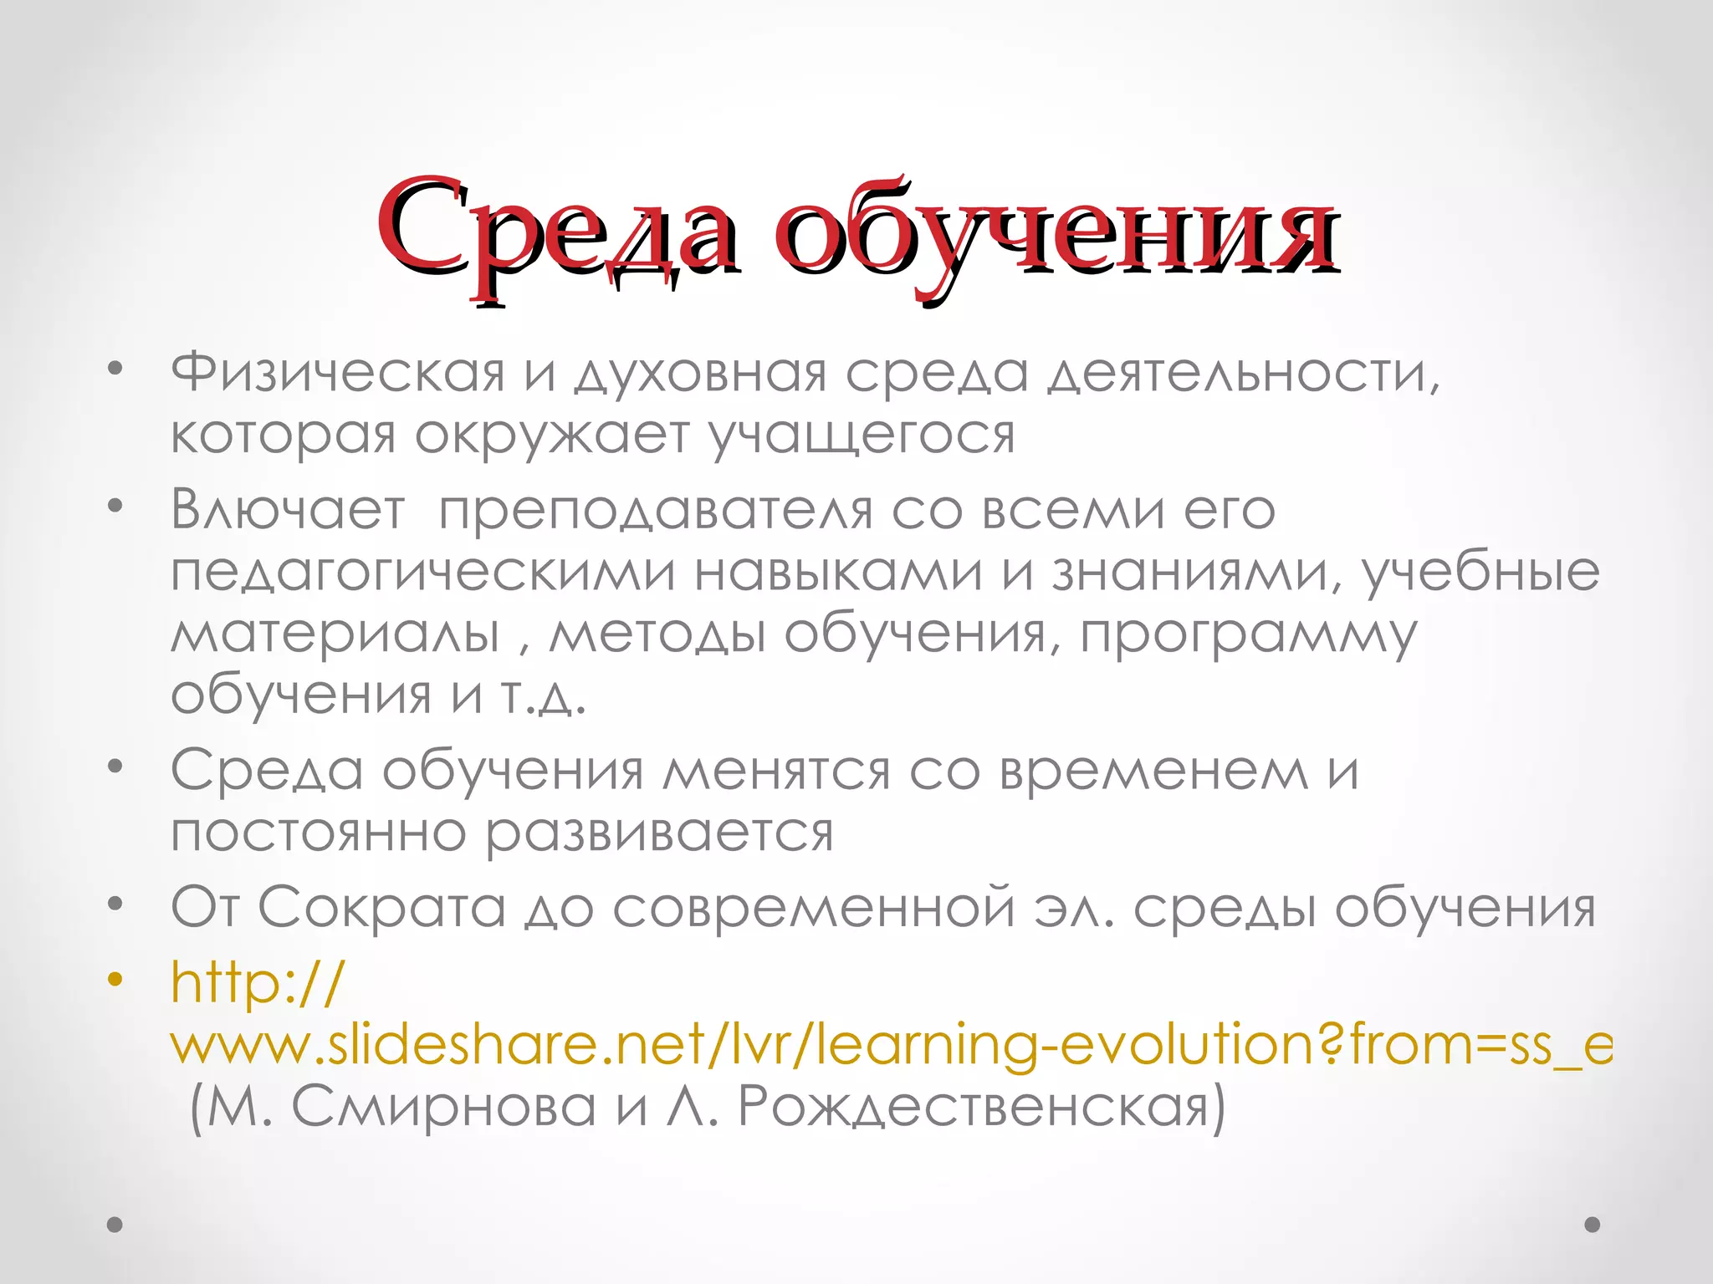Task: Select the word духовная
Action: click(x=701, y=373)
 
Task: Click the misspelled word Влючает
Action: click(x=288, y=509)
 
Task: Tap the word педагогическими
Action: click(x=422, y=573)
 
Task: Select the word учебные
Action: click(x=1481, y=573)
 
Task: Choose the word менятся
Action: click(x=776, y=771)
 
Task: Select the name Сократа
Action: click(x=381, y=907)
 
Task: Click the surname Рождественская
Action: click(x=982, y=1107)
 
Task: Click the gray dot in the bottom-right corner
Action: click(x=1593, y=1225)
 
